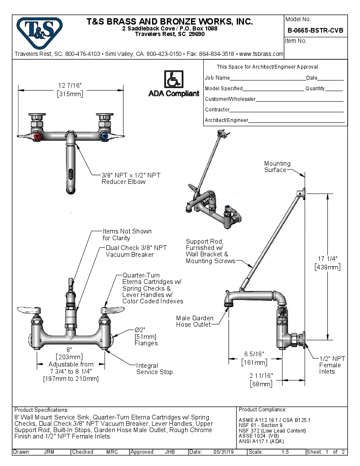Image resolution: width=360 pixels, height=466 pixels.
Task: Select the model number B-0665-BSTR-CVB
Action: (x=315, y=31)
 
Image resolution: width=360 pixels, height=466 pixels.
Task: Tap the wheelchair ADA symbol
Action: (x=173, y=80)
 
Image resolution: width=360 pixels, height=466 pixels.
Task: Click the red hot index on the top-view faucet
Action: (x=38, y=136)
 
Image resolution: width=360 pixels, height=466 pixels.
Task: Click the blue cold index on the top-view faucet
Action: (x=103, y=136)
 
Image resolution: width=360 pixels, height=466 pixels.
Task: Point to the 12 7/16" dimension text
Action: (x=70, y=86)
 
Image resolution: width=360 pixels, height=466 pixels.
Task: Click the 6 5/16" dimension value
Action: (x=254, y=354)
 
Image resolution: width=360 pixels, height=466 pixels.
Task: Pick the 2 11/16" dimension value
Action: (x=261, y=375)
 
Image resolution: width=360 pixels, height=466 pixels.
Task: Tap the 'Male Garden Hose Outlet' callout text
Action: (x=195, y=321)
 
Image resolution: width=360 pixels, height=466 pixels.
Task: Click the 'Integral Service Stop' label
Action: (x=154, y=369)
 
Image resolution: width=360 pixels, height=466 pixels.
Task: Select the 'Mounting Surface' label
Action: (x=277, y=166)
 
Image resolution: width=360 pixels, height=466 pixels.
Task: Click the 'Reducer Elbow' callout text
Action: (x=123, y=182)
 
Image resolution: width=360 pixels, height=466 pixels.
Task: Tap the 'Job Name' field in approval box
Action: (x=217, y=78)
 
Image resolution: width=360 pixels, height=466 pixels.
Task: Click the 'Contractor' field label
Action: (x=217, y=110)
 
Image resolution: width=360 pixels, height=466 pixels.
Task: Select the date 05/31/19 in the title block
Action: (x=223, y=452)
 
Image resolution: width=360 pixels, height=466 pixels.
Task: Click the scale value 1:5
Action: (x=285, y=452)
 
